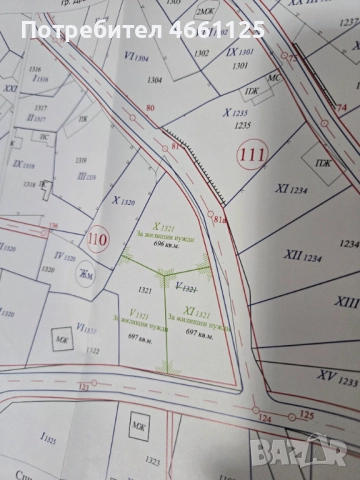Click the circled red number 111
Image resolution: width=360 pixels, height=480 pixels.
tap(251, 155)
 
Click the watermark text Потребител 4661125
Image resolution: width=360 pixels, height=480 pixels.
tap(141, 32)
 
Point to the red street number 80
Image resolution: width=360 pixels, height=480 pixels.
tap(150, 108)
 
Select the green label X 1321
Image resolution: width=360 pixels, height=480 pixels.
tap(164, 227)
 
